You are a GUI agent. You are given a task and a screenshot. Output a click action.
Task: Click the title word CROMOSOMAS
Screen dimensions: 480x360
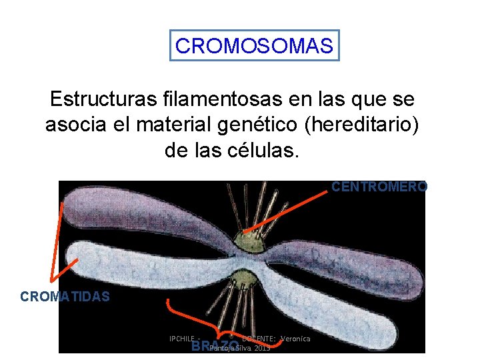pos(254,46)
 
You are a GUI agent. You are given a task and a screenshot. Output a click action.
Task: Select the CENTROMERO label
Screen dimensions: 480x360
pos(379,187)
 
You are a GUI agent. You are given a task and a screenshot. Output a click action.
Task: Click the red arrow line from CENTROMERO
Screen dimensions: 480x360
pos(287,211)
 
